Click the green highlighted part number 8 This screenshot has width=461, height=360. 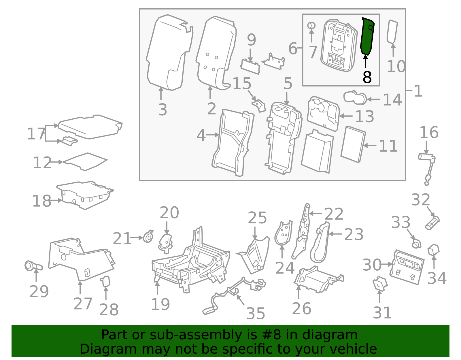[x=367, y=36]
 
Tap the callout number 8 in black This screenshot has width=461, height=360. [x=367, y=77]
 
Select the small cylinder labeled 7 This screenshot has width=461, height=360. [x=311, y=25]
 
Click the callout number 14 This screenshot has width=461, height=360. [x=392, y=100]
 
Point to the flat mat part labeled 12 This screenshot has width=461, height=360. [x=85, y=161]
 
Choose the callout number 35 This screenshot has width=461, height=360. [x=255, y=313]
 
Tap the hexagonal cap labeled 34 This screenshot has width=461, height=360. [x=433, y=250]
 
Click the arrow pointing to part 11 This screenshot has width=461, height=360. [x=370, y=146]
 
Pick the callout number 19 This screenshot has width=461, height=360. [x=160, y=304]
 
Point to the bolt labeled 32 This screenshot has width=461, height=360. [x=432, y=223]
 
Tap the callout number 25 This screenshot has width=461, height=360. [x=257, y=218]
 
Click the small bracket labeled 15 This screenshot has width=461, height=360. [x=259, y=105]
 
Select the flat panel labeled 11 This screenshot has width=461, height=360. [x=353, y=144]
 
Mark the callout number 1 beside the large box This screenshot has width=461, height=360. [x=418, y=91]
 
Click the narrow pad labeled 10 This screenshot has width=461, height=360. [x=392, y=31]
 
